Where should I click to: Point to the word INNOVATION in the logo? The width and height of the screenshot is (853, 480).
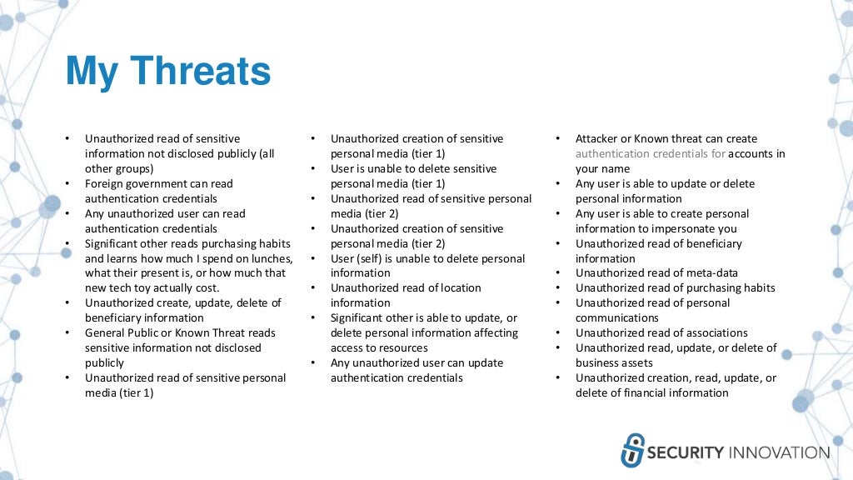(x=780, y=452)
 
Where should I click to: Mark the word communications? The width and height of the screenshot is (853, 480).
(x=617, y=317)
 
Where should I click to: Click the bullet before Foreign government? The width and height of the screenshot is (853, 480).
(x=67, y=183)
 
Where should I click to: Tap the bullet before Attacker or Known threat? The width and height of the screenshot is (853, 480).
(x=558, y=138)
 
